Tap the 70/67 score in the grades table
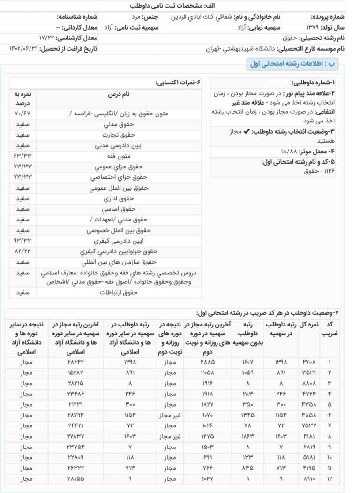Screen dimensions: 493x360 [x=22, y=114]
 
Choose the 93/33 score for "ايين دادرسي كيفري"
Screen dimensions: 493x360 [x=22, y=241]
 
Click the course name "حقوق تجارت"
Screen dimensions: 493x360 [x=119, y=135]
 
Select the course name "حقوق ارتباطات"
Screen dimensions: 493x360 [x=119, y=292]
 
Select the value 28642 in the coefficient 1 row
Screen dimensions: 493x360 [x=75, y=362]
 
